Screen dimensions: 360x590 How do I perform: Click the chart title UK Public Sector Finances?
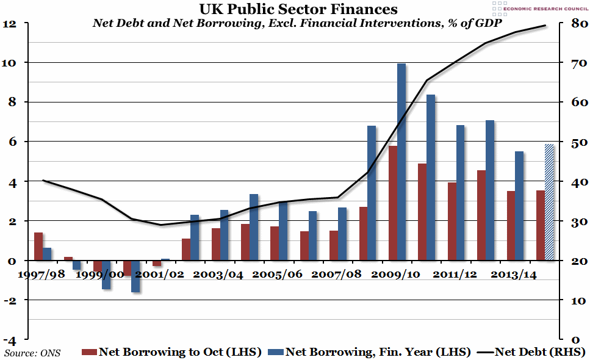coord(298,9)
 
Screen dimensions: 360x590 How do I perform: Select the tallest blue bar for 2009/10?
coord(401,162)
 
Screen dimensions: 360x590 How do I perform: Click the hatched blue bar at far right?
coord(549,202)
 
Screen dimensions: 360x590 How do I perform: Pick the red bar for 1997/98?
coord(38,247)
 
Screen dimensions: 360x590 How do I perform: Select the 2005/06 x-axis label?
coord(277,275)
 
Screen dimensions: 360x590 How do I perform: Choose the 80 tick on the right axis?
coord(578,24)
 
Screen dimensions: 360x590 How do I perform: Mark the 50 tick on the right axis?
coord(578,143)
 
